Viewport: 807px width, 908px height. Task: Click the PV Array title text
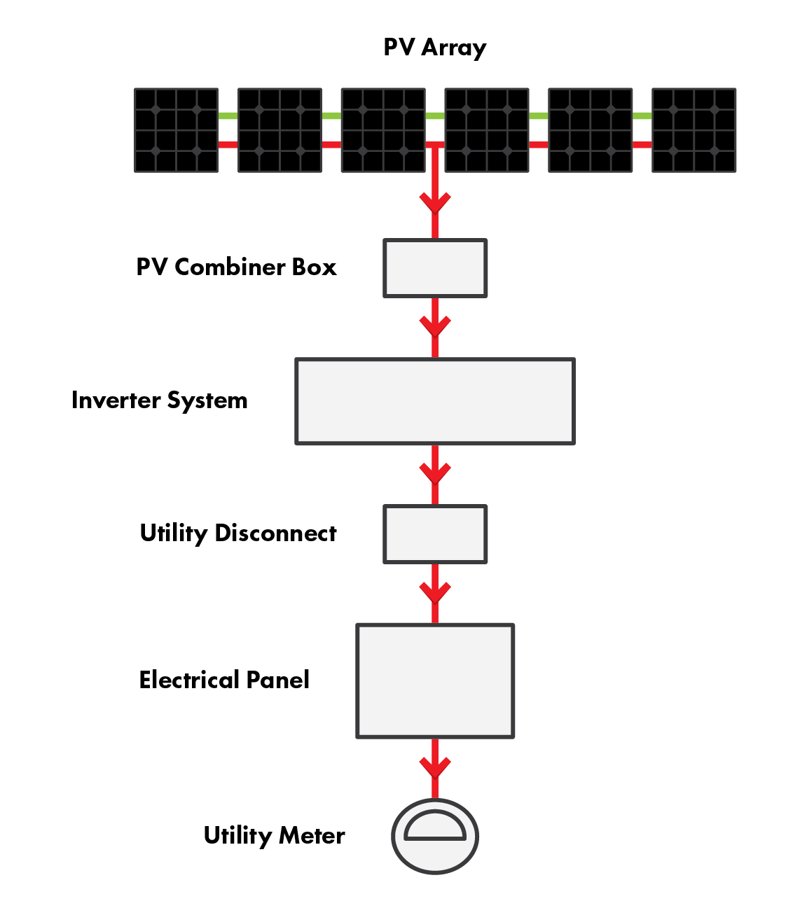434,48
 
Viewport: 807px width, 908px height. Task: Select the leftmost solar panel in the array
176,130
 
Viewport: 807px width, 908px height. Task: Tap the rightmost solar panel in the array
694,130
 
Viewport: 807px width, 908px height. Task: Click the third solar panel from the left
383,130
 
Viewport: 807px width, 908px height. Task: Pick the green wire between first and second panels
228,116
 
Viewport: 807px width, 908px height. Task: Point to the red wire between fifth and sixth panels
642,145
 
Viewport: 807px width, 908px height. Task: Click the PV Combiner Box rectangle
435,268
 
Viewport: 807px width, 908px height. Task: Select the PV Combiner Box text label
236,267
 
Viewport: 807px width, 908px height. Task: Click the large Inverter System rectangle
435,401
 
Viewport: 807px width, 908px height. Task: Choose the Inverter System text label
160,400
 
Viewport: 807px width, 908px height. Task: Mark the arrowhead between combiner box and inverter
435,326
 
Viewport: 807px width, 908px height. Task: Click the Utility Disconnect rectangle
435,534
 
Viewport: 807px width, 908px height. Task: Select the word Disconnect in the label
275,533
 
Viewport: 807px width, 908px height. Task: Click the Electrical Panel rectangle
435,680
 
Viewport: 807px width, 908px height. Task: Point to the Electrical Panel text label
224,680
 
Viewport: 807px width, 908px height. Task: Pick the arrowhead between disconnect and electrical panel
435,592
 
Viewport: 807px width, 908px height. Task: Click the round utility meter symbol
435,836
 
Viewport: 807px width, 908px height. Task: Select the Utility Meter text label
274,835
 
